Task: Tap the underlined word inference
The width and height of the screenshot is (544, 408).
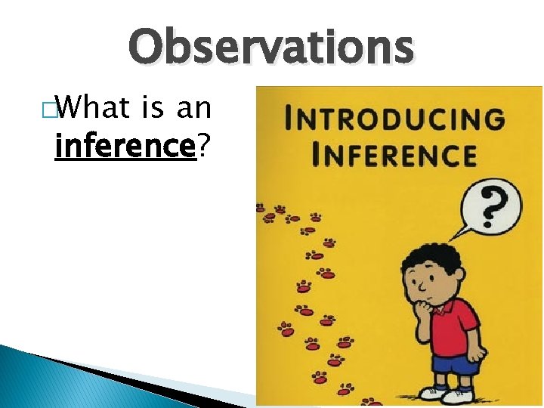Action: point(125,145)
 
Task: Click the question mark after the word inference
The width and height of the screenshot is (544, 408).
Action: point(202,145)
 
